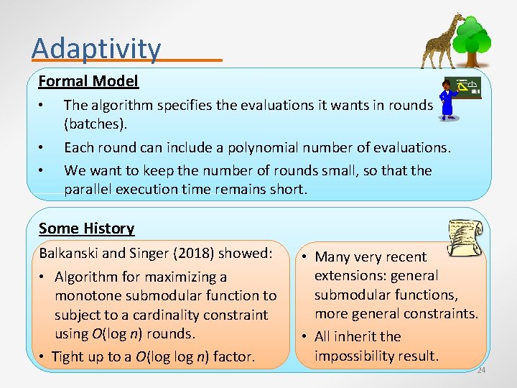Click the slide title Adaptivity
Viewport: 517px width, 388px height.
(x=96, y=48)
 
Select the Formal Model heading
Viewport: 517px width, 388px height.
(x=88, y=81)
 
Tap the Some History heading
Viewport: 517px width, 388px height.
(x=86, y=228)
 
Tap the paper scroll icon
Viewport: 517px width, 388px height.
(x=465, y=235)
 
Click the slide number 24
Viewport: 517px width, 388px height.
(x=481, y=371)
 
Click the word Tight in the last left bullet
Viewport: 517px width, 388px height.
(x=67, y=357)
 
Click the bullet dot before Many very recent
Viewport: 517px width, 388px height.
(x=304, y=257)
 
